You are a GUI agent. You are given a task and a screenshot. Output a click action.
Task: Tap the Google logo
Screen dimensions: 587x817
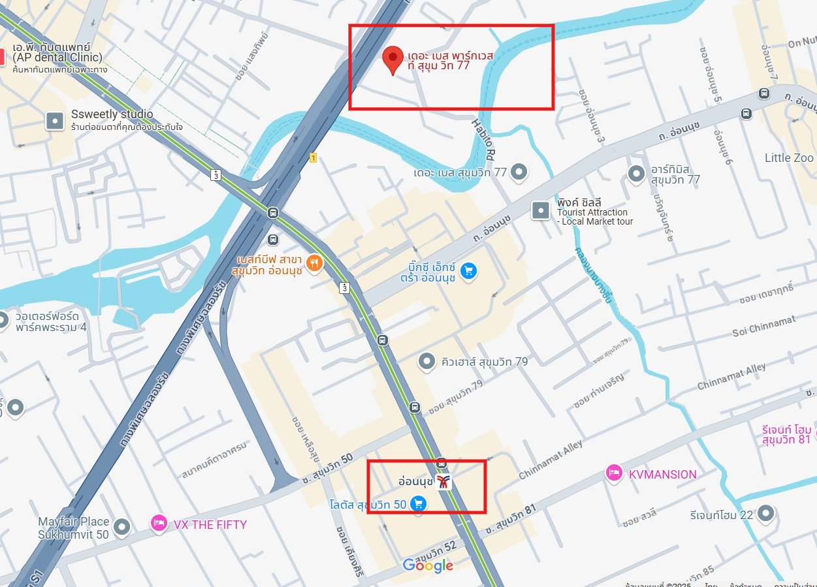pos(428,565)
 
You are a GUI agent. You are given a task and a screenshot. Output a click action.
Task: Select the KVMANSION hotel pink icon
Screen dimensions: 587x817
pos(614,473)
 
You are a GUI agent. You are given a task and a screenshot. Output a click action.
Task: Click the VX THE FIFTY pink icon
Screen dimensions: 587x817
pos(159,524)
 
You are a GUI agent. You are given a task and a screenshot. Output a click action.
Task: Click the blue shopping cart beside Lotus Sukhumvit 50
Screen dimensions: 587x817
pos(419,503)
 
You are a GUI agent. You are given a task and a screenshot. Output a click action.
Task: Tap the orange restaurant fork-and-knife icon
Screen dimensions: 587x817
pos(315,263)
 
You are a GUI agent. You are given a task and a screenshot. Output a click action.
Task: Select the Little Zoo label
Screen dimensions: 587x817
pos(789,158)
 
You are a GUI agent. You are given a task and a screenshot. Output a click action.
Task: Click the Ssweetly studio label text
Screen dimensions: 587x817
pos(112,114)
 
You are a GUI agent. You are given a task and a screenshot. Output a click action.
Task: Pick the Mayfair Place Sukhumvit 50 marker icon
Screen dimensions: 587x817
pos(122,526)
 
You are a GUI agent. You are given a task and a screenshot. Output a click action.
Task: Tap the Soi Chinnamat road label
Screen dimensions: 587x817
pos(764,326)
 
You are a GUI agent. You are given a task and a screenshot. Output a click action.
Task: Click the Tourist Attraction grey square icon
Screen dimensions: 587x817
pos(541,210)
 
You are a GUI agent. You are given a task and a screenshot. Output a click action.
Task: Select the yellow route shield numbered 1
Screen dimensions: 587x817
pos(313,157)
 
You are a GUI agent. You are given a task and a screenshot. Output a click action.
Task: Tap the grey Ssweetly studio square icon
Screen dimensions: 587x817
pos(55,120)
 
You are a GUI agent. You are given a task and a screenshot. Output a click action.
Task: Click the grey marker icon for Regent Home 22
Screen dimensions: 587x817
pos(765,514)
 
